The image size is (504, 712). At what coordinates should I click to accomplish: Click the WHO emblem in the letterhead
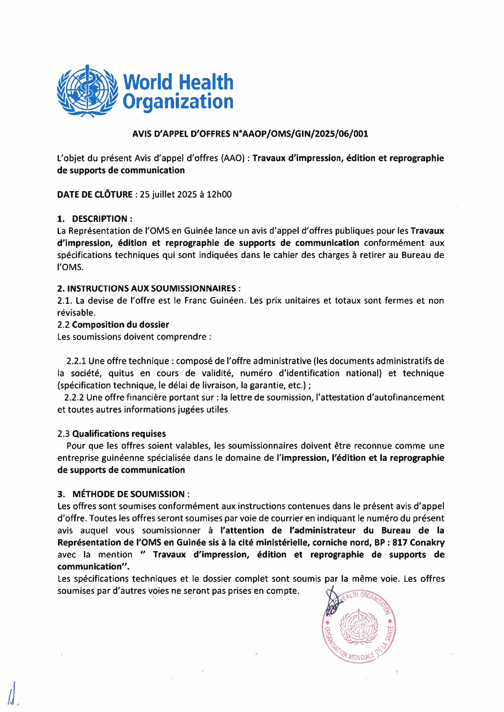click(x=87, y=91)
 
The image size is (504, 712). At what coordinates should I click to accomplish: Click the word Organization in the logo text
click(x=178, y=101)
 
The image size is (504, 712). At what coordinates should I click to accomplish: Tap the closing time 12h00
click(x=219, y=194)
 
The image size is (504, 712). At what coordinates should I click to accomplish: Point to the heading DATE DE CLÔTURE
click(x=95, y=194)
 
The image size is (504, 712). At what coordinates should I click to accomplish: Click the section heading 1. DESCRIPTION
click(x=95, y=219)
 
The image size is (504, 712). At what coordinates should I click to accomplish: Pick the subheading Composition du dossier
click(x=121, y=325)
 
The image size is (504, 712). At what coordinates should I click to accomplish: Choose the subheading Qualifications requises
click(x=119, y=434)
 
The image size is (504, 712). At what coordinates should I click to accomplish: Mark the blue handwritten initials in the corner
click(x=13, y=695)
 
